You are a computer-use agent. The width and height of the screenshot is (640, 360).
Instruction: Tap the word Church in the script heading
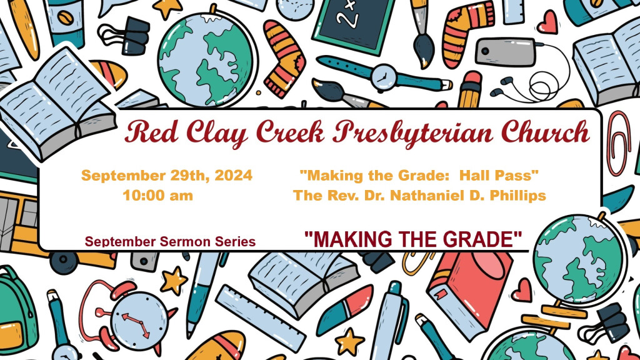(545, 131)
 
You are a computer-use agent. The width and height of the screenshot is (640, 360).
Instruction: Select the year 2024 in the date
(234, 176)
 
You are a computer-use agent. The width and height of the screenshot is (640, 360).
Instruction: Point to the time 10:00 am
(158, 196)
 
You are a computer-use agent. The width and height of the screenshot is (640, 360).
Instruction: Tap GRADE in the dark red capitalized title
(482, 239)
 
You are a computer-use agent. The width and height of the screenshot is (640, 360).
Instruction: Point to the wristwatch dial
(384, 77)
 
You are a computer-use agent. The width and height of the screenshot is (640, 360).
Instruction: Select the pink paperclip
(618, 143)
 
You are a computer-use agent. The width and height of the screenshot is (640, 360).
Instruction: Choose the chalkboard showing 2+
(354, 23)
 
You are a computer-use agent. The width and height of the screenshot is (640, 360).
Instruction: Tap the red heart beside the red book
(522, 290)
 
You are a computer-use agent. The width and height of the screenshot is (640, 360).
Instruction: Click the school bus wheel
(64, 262)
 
